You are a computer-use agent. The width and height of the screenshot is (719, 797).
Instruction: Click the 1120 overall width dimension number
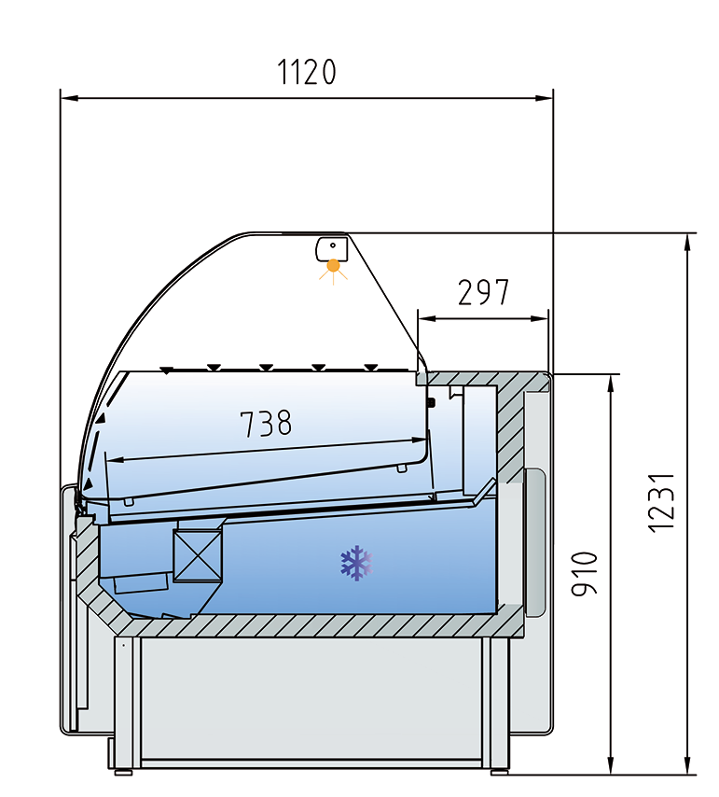point(307,72)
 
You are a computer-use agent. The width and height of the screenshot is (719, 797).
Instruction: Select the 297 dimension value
point(483,292)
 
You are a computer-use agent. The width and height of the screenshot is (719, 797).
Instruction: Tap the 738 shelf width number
point(266,424)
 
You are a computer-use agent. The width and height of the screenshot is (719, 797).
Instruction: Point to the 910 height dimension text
point(584,575)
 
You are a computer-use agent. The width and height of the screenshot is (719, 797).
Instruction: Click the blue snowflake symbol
point(355,563)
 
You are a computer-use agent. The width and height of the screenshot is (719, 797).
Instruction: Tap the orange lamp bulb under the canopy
point(333,267)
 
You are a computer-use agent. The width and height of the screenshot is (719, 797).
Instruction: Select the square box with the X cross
point(199,556)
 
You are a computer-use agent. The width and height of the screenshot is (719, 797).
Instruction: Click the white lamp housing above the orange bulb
point(331,248)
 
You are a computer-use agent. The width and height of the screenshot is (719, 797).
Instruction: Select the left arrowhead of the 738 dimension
point(115,459)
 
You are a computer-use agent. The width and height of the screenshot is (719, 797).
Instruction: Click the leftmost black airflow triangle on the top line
point(165,371)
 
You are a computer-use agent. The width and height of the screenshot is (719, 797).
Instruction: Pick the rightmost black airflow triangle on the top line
point(372,367)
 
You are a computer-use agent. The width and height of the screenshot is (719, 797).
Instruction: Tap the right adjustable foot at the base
point(500,770)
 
